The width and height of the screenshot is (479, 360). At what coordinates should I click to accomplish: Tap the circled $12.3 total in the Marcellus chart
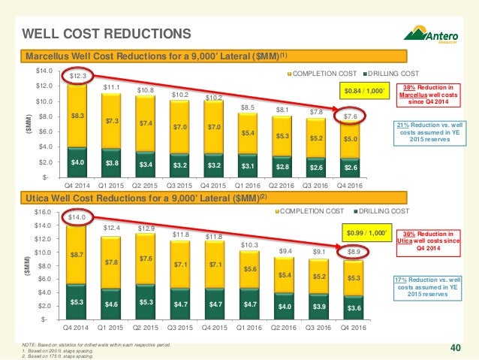pyautogui.click(x=79, y=76)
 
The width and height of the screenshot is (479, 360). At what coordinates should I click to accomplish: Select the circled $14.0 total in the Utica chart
pyautogui.click(x=79, y=218)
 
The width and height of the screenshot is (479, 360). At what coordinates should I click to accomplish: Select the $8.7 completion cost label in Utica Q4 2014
pyautogui.click(x=79, y=255)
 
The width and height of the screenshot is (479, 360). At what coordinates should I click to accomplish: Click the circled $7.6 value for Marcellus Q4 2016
pyautogui.click(x=351, y=116)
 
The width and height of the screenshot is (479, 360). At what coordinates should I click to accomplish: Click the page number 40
pyautogui.click(x=455, y=347)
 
